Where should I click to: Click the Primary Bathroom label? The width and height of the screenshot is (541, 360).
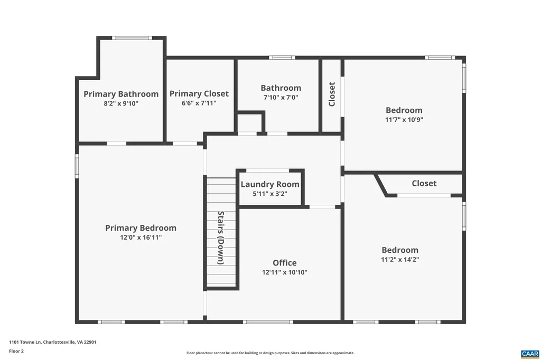(x=121, y=94)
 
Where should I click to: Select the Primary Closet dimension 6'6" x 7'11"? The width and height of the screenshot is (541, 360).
(x=199, y=103)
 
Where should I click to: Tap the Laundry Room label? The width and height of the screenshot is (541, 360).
(x=270, y=184)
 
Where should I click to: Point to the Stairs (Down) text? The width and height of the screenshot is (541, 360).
(x=221, y=238)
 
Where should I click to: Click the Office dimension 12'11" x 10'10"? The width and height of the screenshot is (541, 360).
(x=285, y=272)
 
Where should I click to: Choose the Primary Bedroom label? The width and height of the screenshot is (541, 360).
(x=141, y=228)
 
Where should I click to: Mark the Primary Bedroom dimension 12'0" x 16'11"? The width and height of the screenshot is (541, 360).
(x=141, y=238)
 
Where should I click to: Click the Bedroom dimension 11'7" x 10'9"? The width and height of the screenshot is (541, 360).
(x=404, y=119)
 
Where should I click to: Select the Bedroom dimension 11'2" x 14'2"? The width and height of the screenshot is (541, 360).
(x=400, y=259)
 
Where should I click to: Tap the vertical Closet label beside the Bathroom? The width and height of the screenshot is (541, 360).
(x=332, y=94)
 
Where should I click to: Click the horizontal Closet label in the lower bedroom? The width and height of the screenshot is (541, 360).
(x=424, y=183)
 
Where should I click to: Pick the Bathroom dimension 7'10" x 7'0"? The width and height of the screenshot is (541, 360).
(x=281, y=97)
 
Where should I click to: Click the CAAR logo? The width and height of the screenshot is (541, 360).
(x=529, y=354)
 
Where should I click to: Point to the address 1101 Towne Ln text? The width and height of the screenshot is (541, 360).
(x=52, y=342)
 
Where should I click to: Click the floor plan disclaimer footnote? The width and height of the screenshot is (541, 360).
(x=270, y=353)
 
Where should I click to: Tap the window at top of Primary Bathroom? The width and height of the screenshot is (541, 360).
(x=132, y=37)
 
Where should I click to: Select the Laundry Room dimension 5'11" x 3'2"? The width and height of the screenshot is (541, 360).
(x=270, y=194)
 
